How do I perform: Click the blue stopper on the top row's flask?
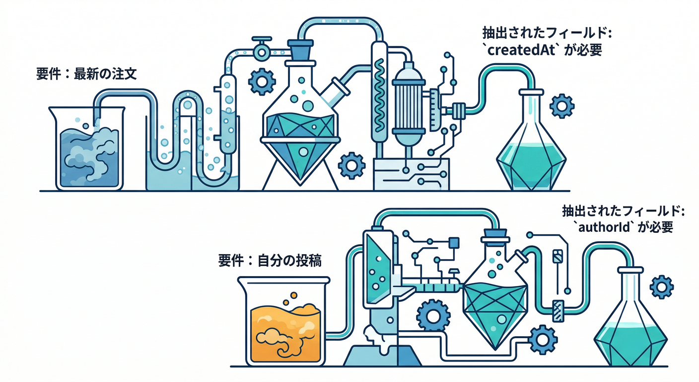pos(301,50)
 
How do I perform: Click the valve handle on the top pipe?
pos(260,40)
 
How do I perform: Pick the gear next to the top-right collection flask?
pos(562,105)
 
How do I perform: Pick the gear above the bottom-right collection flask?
pos(661,286)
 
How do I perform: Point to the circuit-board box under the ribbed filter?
pos(411,174)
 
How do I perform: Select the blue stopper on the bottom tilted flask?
pos(494,234)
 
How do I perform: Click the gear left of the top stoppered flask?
pos(261,81)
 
